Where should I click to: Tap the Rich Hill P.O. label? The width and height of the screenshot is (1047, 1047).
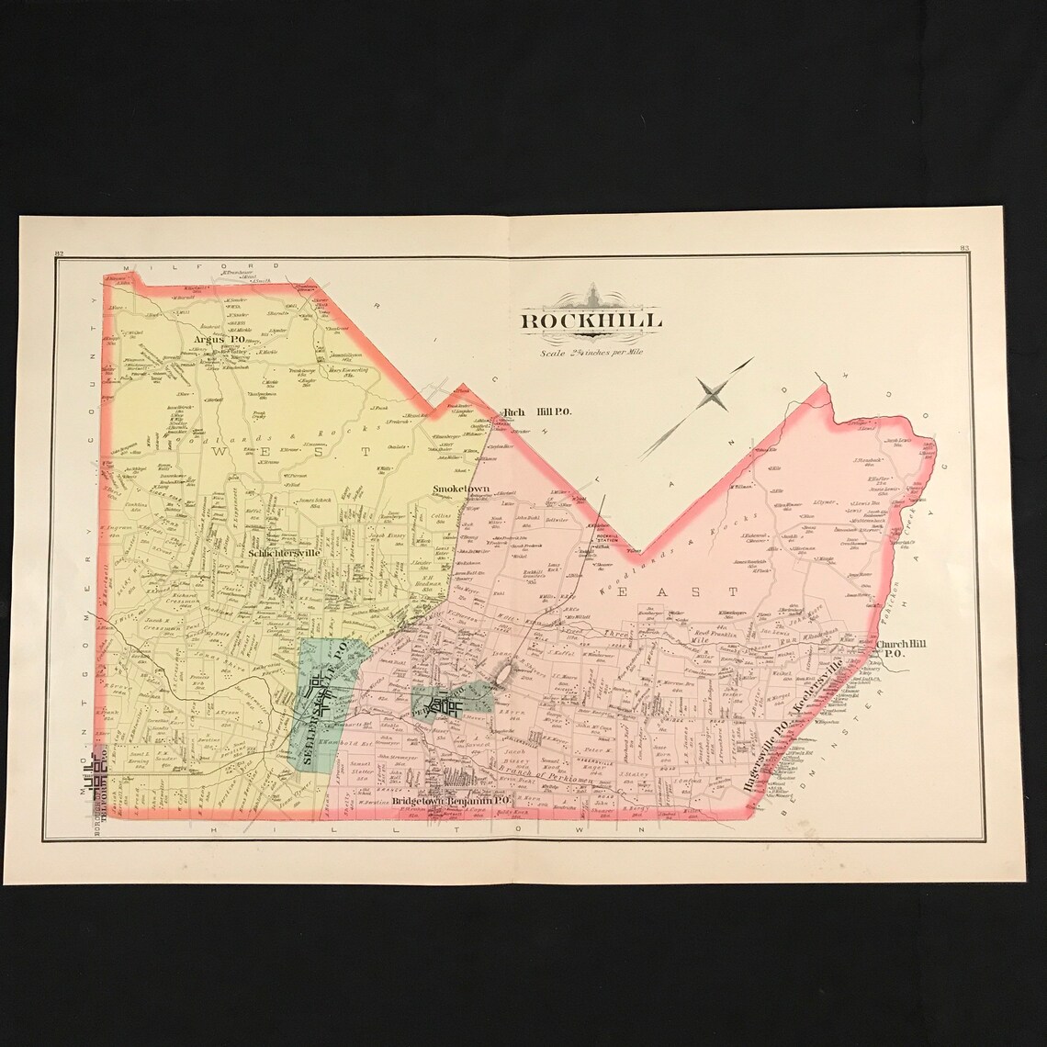point(538,412)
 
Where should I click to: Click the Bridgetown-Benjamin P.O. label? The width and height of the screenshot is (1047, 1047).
point(450,801)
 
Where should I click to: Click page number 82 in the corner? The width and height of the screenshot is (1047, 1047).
point(58,253)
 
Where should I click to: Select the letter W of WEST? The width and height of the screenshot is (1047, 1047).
point(220,452)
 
